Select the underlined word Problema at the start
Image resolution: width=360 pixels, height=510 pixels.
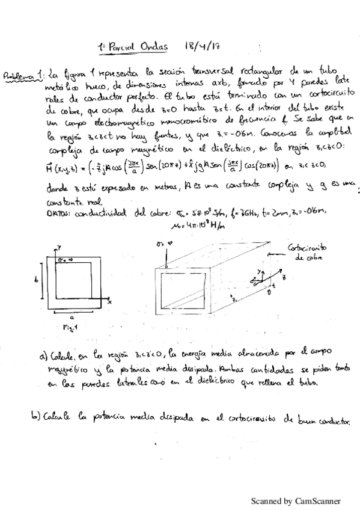pos(17,77)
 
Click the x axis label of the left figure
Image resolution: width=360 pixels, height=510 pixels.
pos(110,303)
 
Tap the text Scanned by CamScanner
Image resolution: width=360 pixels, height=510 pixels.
pos(295,500)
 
